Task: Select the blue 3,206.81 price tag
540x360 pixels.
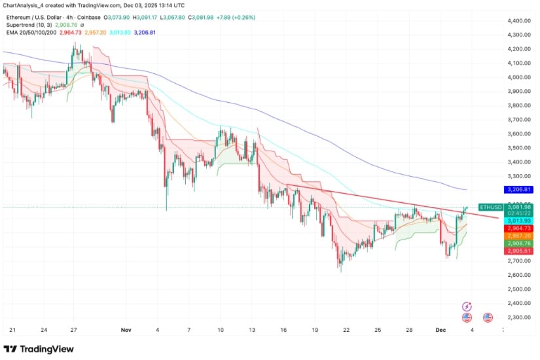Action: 517,190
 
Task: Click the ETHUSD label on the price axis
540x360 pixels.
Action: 491,207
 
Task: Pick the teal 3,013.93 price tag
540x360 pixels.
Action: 517,221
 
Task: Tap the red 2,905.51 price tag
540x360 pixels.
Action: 517,251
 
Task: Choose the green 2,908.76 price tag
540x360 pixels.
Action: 517,243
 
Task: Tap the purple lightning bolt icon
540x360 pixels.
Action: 467,306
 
